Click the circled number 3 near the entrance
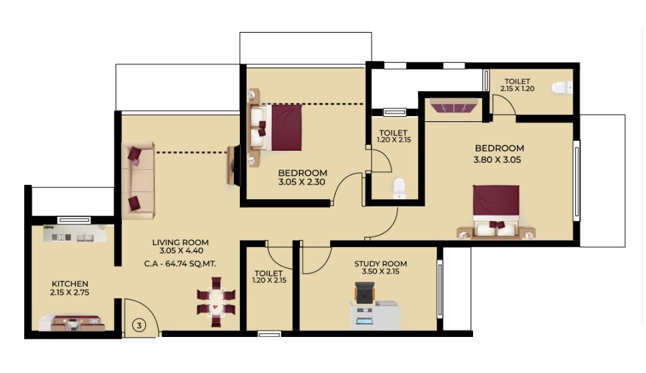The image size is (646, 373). coord(139,324)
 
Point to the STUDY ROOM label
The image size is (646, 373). coord(376,264)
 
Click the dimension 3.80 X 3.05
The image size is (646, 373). coord(497,159)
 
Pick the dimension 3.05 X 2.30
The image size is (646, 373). coord(302,183)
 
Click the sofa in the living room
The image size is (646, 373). coord(138,180)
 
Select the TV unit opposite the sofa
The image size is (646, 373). coord(235,165)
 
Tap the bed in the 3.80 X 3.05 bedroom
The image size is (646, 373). coord(496,210)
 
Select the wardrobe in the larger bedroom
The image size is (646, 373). coord(454,106)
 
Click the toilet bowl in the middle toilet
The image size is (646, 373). coord(399,189)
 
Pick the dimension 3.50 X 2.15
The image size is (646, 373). coord(376,271)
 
